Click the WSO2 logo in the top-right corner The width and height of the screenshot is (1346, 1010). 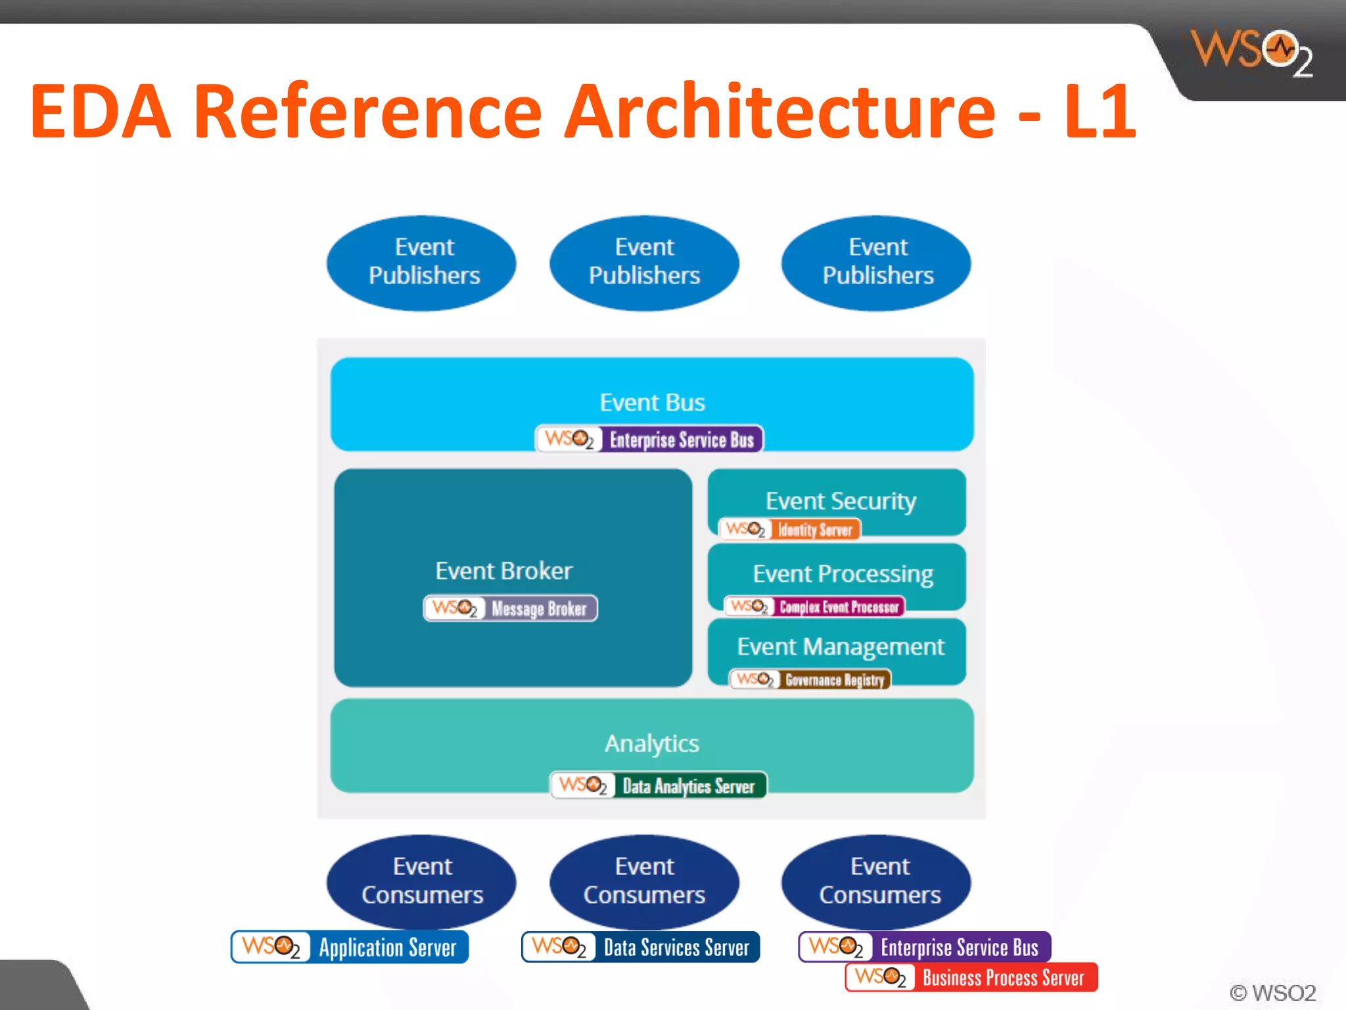(x=1252, y=51)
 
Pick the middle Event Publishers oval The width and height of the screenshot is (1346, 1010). (x=644, y=262)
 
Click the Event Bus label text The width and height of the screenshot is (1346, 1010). (x=652, y=402)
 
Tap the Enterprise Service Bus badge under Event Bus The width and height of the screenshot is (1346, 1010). (x=649, y=439)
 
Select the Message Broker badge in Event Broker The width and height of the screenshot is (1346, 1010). (x=511, y=608)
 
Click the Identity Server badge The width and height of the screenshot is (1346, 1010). (x=790, y=529)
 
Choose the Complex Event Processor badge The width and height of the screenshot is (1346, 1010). (x=814, y=606)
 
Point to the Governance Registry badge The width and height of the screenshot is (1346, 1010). (x=810, y=679)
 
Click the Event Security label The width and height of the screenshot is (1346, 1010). (x=841, y=501)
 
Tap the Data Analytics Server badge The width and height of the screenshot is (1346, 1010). (x=659, y=785)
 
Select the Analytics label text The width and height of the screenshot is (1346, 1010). (x=652, y=744)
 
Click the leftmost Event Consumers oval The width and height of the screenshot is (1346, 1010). (x=421, y=881)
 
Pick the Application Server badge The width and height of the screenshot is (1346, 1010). (x=350, y=947)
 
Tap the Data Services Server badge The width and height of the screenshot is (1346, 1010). (x=641, y=947)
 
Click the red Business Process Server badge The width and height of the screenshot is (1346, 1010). (x=971, y=977)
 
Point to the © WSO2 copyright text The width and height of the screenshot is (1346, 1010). (x=1272, y=992)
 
